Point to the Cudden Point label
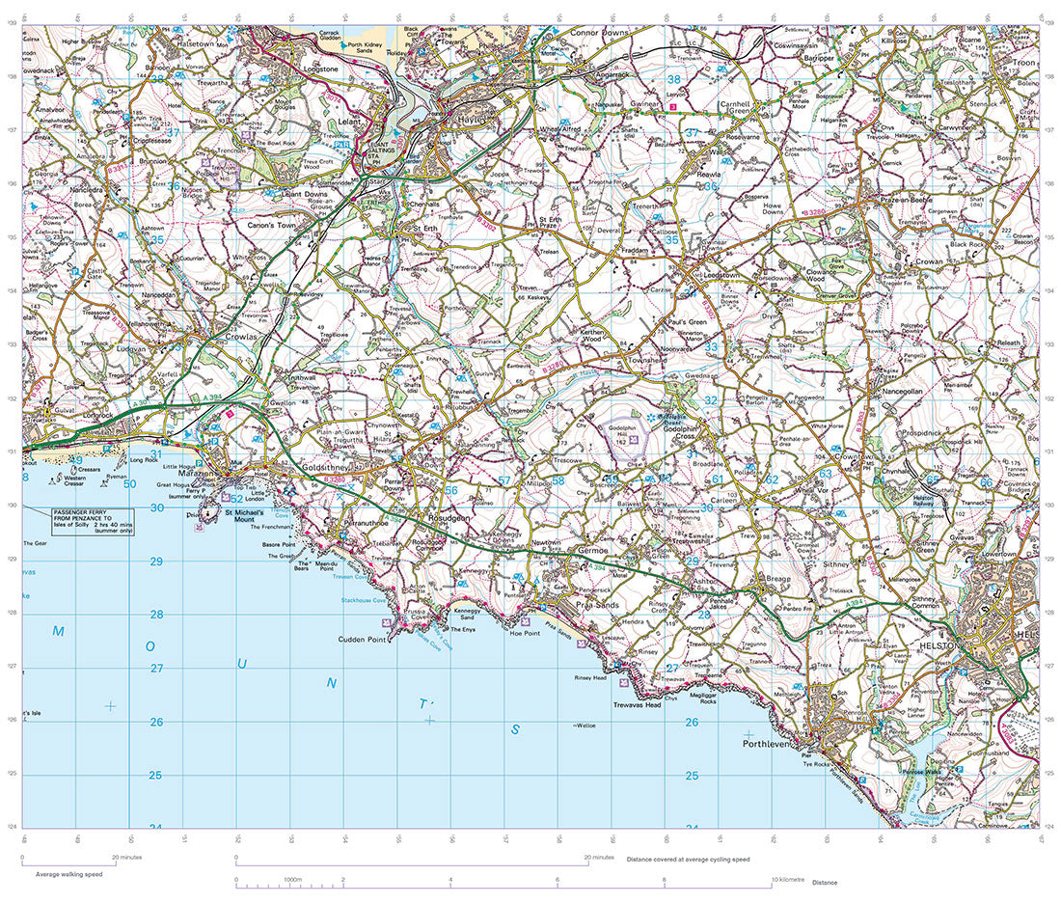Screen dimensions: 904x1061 coord(362,640)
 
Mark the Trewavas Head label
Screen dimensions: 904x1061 coord(637,705)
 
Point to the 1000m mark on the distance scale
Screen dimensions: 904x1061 coord(290,881)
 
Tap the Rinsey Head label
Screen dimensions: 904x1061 coord(590,678)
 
